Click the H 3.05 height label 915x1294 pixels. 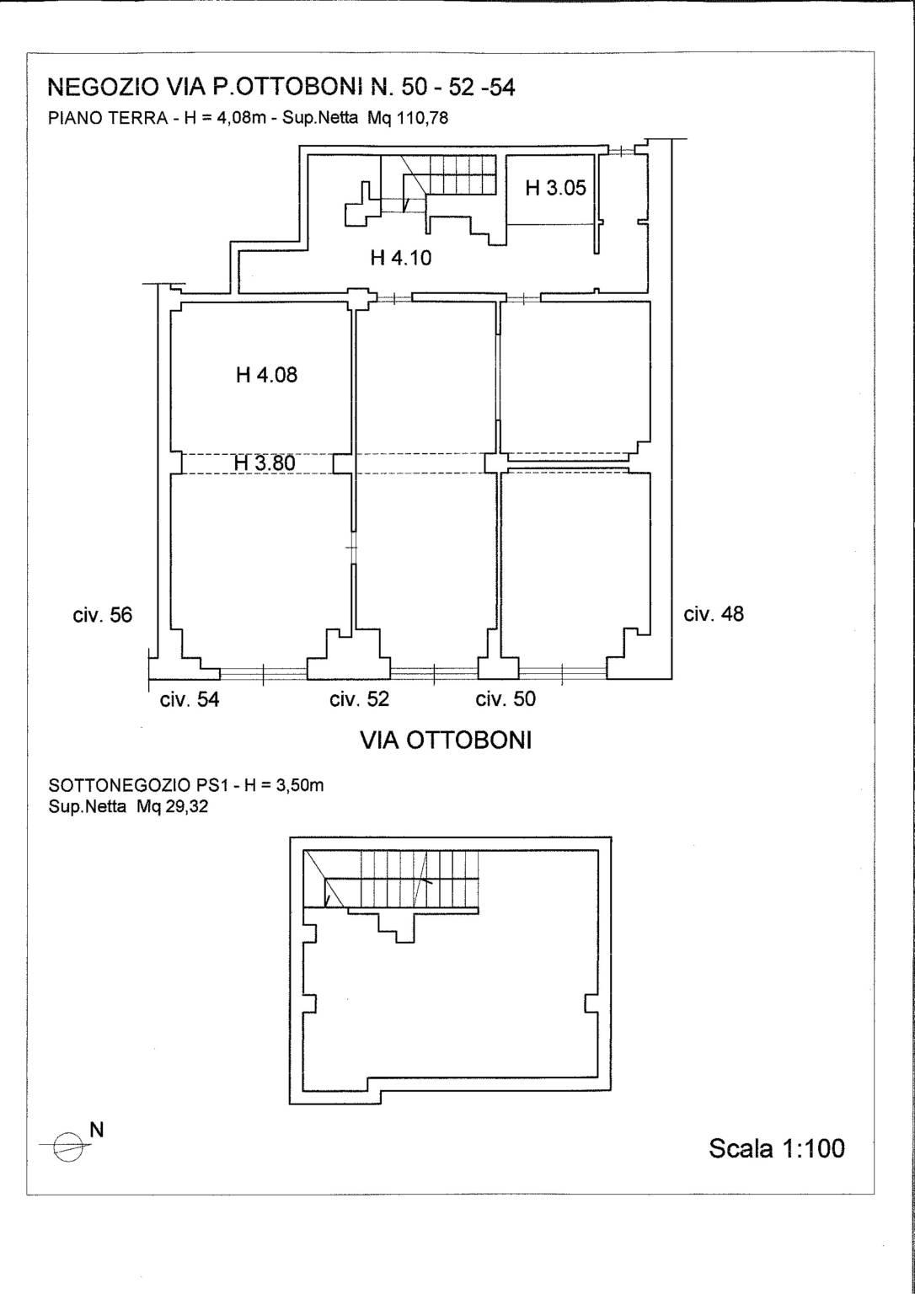click(556, 188)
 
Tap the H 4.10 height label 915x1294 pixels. click(401, 258)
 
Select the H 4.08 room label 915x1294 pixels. click(266, 376)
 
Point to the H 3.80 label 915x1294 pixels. click(265, 463)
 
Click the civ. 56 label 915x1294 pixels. click(102, 615)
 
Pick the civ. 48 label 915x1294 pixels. click(714, 613)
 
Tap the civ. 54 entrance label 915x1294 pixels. click(190, 699)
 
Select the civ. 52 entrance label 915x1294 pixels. click(359, 699)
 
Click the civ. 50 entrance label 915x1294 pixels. click(506, 699)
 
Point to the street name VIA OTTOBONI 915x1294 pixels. click(446, 741)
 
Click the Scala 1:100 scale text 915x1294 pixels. click(776, 1148)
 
